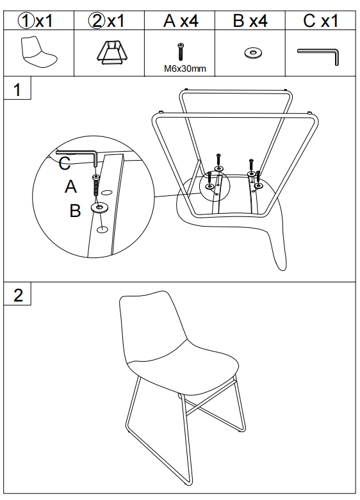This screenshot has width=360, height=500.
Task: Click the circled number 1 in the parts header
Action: tap(25, 21)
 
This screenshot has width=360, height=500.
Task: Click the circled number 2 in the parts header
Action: tap(96, 21)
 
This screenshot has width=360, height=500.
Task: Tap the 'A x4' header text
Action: tap(181, 21)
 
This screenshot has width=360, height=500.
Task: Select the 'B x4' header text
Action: tap(250, 21)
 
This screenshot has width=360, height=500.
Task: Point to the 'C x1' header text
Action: tap(320, 21)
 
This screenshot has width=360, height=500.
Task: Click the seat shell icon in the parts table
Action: tap(38, 52)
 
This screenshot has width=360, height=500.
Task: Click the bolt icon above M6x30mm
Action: tap(181, 52)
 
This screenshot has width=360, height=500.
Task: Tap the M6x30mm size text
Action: tap(185, 69)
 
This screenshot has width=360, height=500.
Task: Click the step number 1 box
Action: tap(17, 88)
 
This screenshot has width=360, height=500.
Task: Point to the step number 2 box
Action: tap(17, 294)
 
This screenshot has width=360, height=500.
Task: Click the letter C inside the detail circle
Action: tap(65, 163)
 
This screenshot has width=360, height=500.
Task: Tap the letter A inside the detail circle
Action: tap(70, 186)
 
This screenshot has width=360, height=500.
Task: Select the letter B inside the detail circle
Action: tap(75, 211)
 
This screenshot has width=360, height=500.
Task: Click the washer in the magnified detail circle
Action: tap(99, 207)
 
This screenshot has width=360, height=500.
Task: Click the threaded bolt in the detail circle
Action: tap(95, 185)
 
